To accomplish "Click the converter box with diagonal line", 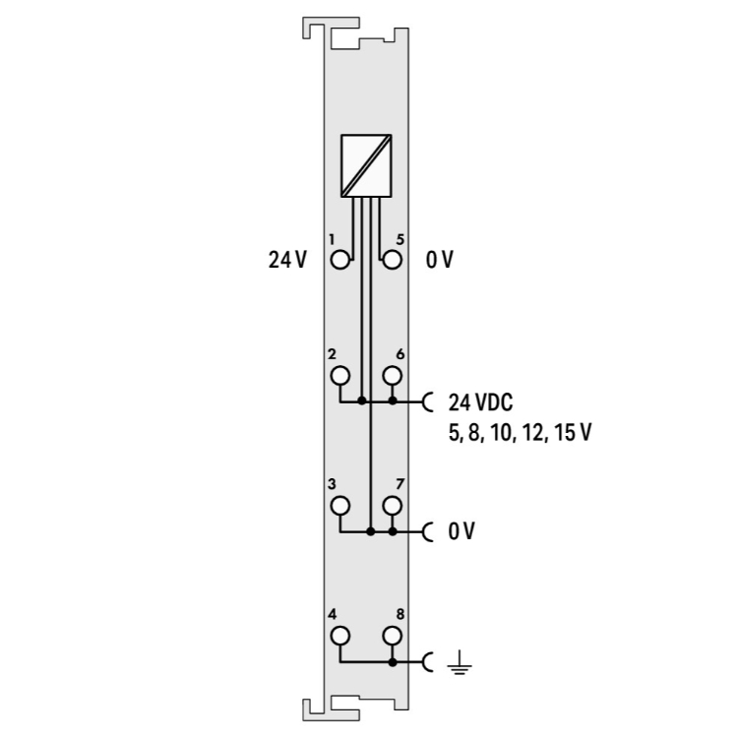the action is pyautogui.click(x=366, y=165).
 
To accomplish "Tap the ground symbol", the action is pyautogui.click(x=460, y=662).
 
